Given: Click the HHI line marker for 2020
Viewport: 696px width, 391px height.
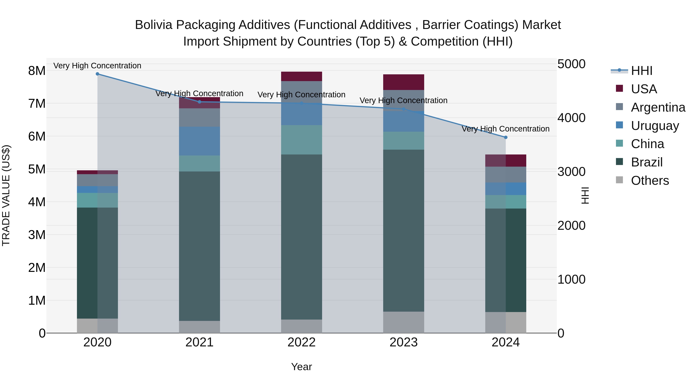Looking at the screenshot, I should coord(98,74).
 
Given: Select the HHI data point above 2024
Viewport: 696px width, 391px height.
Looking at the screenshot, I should coord(506,137).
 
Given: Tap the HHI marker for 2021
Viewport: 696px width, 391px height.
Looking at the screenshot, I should coord(200,102).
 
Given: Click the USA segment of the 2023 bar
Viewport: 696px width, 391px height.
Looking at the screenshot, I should coord(404,82).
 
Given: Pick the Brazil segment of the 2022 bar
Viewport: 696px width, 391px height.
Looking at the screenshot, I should coord(302,237).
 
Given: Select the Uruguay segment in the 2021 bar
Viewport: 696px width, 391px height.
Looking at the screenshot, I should coord(200,141).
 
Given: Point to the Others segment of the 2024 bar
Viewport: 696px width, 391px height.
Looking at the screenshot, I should coord(506,322).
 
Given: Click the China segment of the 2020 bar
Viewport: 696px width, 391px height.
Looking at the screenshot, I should coord(98,200).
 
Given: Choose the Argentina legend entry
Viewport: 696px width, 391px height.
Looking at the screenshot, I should coord(658,107).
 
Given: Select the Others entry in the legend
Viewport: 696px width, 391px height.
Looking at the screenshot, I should coord(650,181).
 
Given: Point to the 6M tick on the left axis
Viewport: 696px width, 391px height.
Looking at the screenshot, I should coord(37,137).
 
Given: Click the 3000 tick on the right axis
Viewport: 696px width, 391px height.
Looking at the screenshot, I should coord(571,172).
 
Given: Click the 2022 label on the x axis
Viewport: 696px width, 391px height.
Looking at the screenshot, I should coord(302,342).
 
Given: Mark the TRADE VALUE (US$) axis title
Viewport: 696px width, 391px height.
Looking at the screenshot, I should coord(6,195).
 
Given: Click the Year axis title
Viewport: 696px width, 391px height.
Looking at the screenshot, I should coord(302,367).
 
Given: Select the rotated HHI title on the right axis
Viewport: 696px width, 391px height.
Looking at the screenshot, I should coord(585,195).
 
